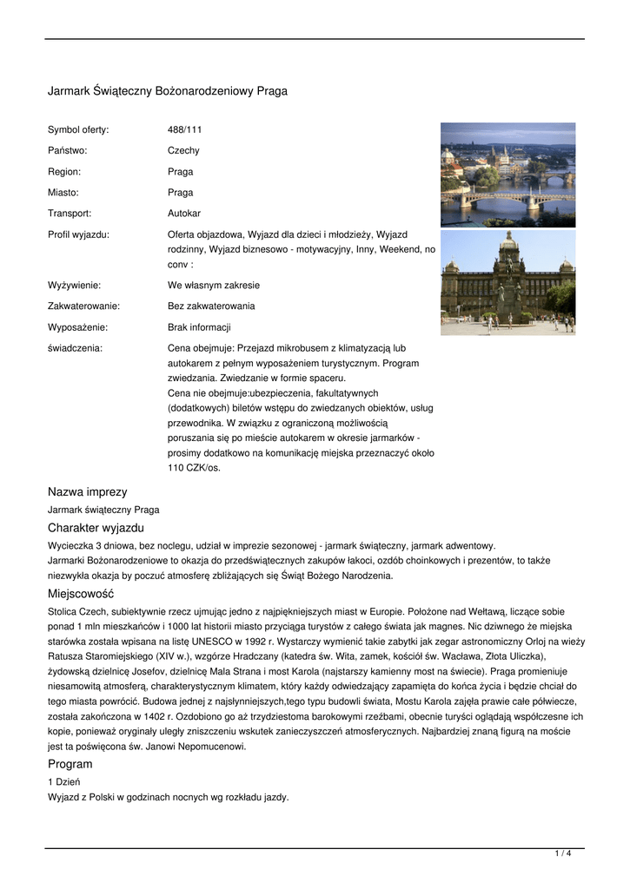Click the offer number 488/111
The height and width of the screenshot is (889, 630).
point(184,130)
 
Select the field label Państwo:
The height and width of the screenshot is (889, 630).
point(67,151)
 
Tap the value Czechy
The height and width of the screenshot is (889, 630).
point(183,151)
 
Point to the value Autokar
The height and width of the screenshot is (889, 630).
point(184,214)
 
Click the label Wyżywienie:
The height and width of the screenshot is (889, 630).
point(74,286)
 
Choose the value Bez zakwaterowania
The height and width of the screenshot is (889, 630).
point(211,306)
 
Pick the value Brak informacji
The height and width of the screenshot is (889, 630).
point(199,327)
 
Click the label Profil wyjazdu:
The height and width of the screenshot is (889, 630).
point(78,234)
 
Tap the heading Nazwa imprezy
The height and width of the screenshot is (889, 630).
point(87,492)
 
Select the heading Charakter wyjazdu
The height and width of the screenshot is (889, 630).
point(96,528)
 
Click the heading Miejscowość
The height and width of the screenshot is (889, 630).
point(81,594)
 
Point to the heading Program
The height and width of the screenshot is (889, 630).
point(70,764)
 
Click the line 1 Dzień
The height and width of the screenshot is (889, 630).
point(63,782)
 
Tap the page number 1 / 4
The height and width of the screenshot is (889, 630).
point(562,854)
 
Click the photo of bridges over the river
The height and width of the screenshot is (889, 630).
point(507,175)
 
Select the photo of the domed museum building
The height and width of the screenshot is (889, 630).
point(507,282)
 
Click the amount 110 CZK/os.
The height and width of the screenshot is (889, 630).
point(195,469)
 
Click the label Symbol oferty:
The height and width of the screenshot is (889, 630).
point(78,130)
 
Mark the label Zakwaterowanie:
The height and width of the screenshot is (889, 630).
point(83,306)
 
